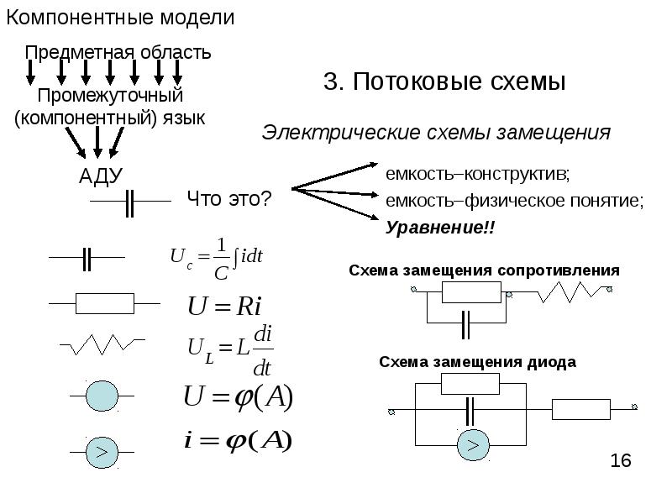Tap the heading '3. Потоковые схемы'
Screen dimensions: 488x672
[444, 82]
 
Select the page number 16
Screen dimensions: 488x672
[620, 460]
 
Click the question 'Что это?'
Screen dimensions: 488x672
[228, 199]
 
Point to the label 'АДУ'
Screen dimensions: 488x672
[101, 176]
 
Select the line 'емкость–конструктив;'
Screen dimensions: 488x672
[477, 175]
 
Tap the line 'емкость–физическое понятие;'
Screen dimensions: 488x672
[514, 202]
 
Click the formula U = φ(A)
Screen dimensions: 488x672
[239, 398]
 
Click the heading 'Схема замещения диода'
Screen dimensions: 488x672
[477, 362]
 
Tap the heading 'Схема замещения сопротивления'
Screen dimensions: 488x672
[484, 270]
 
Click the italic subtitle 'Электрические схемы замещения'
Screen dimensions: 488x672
[436, 133]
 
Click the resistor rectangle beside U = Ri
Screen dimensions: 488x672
[105, 302]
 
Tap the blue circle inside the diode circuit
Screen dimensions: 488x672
[473, 443]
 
